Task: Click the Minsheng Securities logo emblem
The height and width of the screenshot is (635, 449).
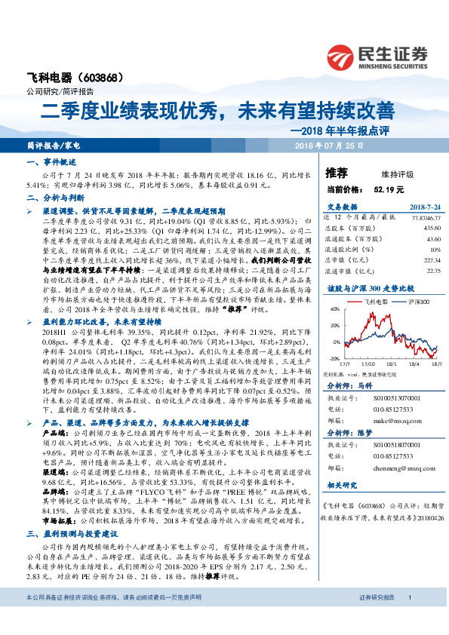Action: coord(342,57)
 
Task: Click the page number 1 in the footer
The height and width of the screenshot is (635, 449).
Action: coord(409,618)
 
